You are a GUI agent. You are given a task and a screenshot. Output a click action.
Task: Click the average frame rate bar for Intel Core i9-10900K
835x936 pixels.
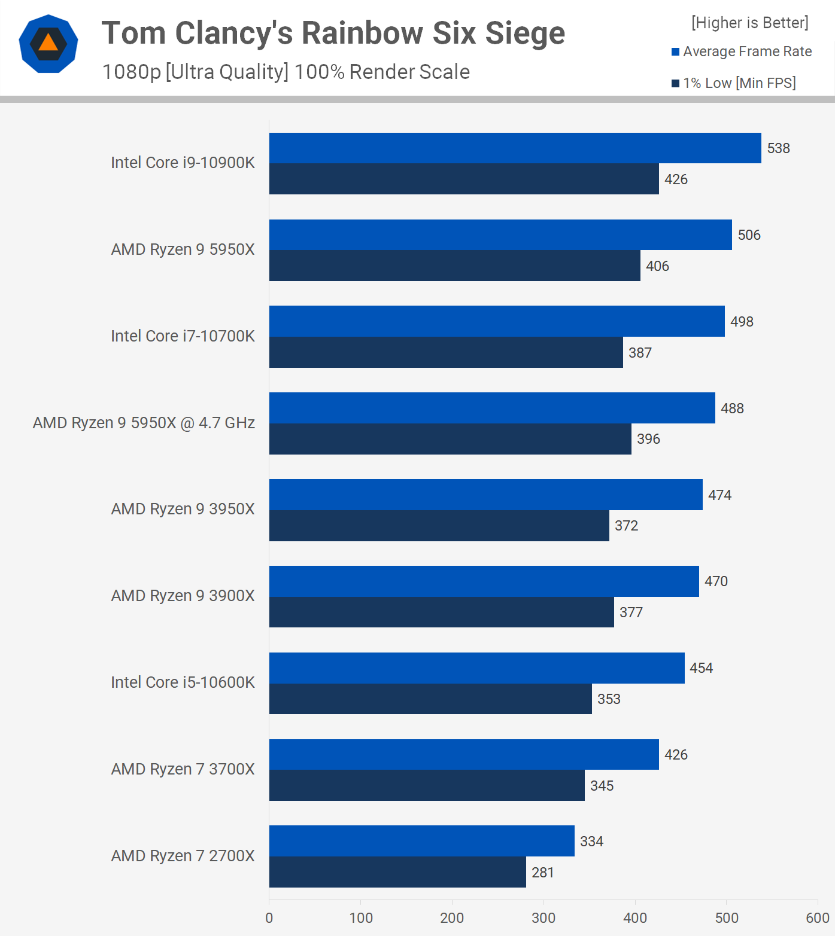click(x=515, y=148)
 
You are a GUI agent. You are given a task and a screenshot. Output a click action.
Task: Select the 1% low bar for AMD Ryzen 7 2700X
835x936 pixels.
click(x=397, y=872)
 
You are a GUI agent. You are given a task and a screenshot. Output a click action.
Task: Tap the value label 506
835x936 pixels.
click(x=749, y=235)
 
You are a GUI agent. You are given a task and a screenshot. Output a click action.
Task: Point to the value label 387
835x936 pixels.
click(x=640, y=353)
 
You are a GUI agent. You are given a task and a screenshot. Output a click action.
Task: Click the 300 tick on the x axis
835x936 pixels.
click(x=543, y=917)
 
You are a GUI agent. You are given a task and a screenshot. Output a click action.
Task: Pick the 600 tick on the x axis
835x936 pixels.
click(x=817, y=917)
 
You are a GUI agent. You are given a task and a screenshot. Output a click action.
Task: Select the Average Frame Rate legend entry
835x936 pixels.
click(x=742, y=52)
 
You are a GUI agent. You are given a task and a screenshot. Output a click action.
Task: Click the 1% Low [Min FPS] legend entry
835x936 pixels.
click(x=734, y=83)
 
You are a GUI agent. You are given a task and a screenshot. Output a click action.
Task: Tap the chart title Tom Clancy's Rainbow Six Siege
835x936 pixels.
click(x=333, y=33)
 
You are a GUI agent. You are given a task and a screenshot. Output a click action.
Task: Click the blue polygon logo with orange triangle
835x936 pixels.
click(x=48, y=44)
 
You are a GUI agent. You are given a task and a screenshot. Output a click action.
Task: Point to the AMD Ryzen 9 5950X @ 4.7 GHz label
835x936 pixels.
click(x=144, y=423)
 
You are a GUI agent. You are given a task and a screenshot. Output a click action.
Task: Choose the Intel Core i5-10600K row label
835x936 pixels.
click(x=183, y=682)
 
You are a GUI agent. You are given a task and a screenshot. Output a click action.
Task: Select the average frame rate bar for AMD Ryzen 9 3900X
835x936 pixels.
click(x=484, y=581)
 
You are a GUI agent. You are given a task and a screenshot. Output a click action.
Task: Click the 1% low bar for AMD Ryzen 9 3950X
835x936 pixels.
click(x=439, y=526)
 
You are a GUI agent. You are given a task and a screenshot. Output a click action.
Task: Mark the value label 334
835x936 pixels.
click(x=591, y=842)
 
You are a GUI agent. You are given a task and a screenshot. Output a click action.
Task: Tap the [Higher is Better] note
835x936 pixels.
click(x=749, y=23)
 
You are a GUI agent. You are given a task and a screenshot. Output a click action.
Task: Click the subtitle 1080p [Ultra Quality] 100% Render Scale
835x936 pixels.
click(x=286, y=72)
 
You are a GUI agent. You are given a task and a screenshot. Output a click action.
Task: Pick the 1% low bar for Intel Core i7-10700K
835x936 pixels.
click(x=446, y=352)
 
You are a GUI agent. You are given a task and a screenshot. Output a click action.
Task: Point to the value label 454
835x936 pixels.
click(x=701, y=668)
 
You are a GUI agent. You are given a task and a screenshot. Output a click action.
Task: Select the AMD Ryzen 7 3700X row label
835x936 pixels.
click(x=183, y=769)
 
